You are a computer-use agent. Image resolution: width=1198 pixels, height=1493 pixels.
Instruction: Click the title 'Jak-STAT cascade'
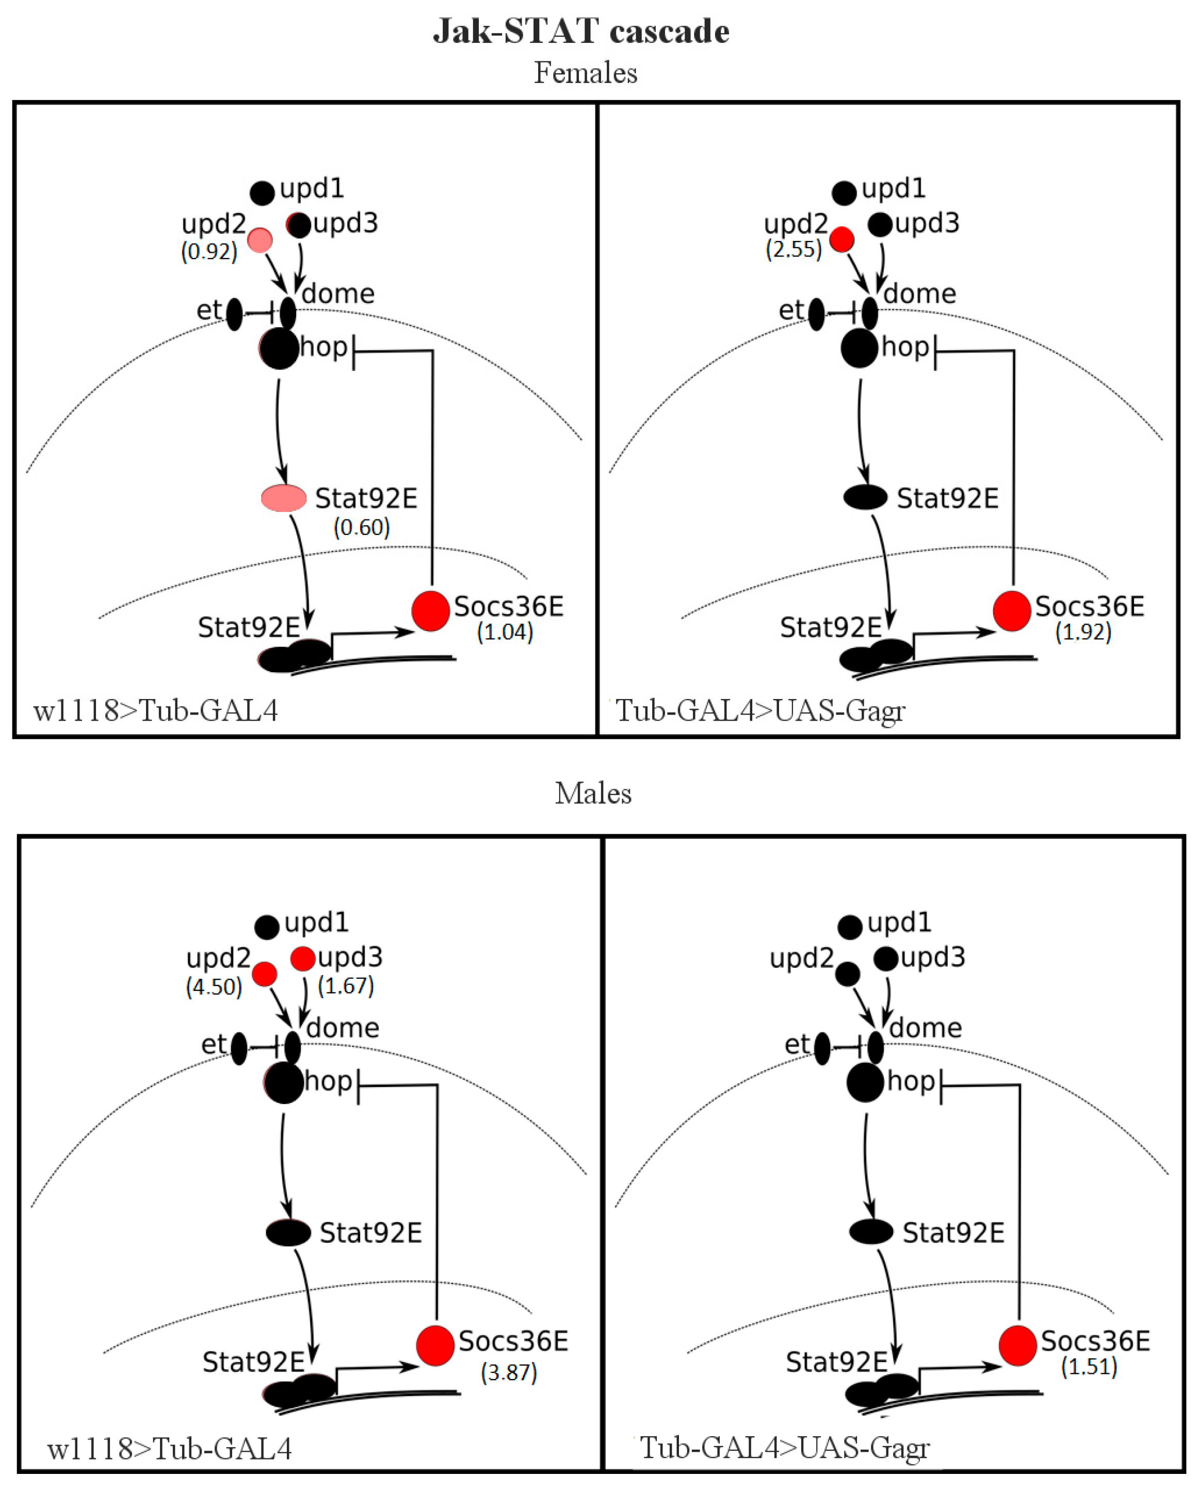(x=581, y=31)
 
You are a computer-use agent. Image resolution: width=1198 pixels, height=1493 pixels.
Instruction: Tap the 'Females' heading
(x=585, y=73)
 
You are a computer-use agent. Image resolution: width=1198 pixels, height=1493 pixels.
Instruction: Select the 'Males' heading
(x=593, y=793)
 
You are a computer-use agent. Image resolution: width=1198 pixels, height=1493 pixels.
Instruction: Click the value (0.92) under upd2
(x=209, y=251)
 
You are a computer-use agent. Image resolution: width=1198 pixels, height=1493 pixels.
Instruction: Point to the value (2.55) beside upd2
(x=794, y=249)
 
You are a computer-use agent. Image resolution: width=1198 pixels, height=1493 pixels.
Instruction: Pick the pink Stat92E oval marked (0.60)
(x=284, y=498)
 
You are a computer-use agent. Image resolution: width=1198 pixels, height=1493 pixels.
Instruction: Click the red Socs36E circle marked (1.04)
(x=431, y=611)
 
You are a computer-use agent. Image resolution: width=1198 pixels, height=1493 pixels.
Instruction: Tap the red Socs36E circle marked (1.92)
(x=1012, y=611)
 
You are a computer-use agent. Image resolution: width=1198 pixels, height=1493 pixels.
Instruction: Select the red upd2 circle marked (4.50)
(x=265, y=973)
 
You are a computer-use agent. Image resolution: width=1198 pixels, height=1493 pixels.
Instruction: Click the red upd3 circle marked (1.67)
(x=303, y=959)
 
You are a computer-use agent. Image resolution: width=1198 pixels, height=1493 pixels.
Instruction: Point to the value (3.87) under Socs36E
(x=509, y=1372)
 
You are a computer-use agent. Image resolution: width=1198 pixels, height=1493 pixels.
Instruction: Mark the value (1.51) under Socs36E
(x=1089, y=1366)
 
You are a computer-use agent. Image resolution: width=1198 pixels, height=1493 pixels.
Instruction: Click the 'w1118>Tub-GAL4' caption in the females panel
(x=156, y=710)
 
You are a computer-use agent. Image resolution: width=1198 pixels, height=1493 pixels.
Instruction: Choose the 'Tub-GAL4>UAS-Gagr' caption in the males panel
(x=785, y=1447)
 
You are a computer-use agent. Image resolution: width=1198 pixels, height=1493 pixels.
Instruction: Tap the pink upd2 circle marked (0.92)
(x=260, y=240)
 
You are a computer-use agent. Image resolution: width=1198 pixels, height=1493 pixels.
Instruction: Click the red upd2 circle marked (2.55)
(x=842, y=239)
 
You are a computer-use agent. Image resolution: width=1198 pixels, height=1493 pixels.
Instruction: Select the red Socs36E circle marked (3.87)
(x=435, y=1346)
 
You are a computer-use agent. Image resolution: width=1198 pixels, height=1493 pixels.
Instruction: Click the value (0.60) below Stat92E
(x=362, y=528)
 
